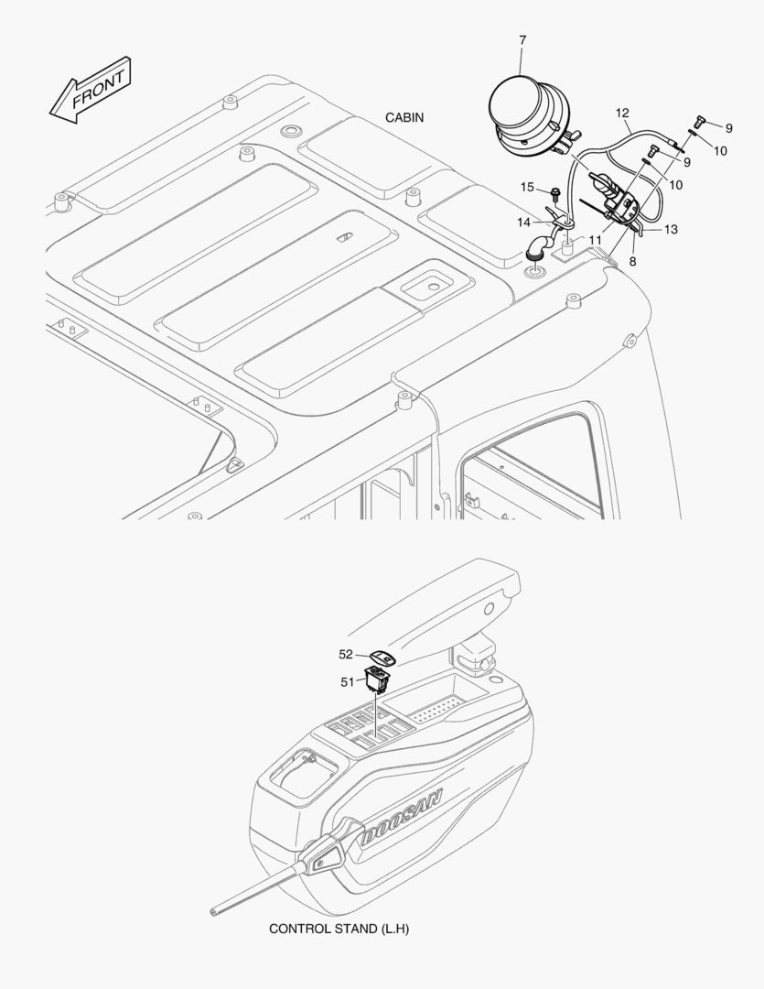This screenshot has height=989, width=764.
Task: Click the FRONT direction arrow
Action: point(91,90)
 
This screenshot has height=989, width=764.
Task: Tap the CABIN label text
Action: point(404,117)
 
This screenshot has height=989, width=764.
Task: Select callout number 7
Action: point(522,39)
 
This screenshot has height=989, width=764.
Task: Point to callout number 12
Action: point(622,113)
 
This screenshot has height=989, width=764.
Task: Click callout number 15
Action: point(527,187)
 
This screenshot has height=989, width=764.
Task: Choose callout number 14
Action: point(524,222)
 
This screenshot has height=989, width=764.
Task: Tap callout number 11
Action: point(595,240)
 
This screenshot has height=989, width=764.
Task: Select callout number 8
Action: point(633,260)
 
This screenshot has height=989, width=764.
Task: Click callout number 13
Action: point(671,230)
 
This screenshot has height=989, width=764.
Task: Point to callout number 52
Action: point(346,655)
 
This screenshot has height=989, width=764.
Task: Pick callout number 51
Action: point(348,682)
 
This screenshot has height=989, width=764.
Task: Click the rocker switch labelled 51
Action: point(377,681)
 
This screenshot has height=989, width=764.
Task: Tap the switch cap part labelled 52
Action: point(382,658)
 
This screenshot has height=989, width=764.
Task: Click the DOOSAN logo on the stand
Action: point(401,816)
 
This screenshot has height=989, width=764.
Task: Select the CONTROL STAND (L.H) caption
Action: point(339,929)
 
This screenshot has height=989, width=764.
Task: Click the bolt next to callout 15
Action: point(555,192)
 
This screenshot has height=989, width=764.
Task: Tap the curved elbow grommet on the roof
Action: point(537,246)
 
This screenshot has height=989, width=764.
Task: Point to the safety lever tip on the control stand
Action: point(212,911)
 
